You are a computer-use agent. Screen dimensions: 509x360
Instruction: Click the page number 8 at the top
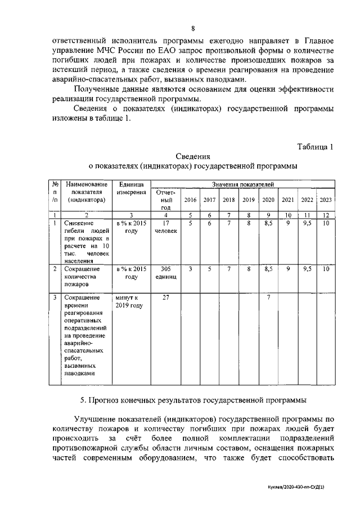coord(193,28)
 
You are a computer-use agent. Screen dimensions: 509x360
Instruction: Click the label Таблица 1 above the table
coord(316,147)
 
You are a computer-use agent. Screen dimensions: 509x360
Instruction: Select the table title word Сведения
coord(193,156)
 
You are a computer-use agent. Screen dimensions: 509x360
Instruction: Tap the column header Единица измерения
coord(132,188)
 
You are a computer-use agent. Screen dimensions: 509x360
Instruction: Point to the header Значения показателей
coord(242,184)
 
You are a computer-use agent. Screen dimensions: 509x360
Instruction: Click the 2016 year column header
coord(190,200)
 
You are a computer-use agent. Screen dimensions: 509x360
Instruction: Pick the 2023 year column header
coord(326,200)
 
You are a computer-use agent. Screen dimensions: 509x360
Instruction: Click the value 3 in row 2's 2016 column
coord(190,269)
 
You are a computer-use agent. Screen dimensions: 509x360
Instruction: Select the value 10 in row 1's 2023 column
coord(326,223)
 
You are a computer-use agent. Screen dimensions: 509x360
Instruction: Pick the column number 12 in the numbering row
coord(326,215)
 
